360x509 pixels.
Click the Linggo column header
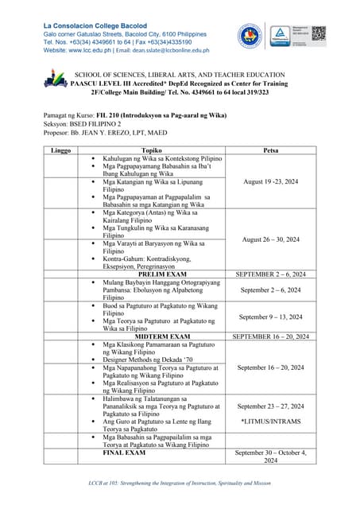pos(60,150)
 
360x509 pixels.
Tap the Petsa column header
pos(269,150)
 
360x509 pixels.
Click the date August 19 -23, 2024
pos(270,182)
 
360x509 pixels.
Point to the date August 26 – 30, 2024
pos(270,239)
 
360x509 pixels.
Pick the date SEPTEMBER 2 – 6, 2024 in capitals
pos(270,274)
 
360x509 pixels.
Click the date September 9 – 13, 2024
pos(270,317)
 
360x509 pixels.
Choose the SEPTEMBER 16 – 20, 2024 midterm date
pos(270,336)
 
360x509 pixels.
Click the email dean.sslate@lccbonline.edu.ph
pos(164,50)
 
